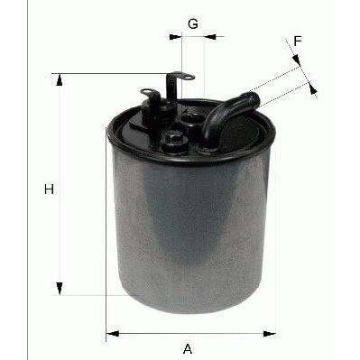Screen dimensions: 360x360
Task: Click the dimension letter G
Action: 193,23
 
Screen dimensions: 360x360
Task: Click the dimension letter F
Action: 298,41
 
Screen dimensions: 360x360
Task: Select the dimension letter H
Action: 49,189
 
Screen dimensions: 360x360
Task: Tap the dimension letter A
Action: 188,349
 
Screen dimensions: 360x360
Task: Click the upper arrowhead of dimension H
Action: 60,79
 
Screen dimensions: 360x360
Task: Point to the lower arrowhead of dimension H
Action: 60,289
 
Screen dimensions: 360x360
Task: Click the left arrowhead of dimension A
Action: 113,333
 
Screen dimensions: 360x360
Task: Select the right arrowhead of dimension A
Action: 269,333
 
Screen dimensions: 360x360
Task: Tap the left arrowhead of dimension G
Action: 176,37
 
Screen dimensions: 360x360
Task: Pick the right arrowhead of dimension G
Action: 210,37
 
